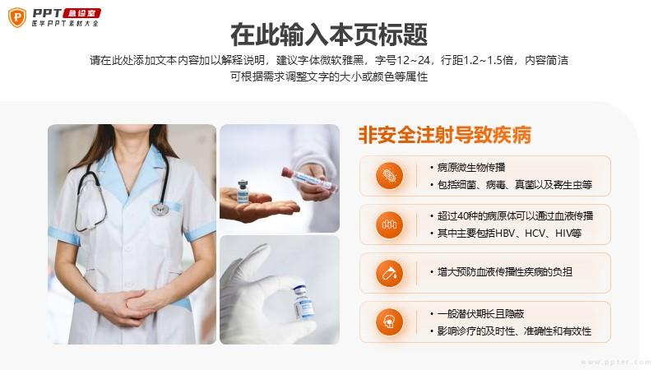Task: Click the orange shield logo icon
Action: click(x=17, y=17)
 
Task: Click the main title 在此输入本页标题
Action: click(x=329, y=35)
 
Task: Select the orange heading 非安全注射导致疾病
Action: click(x=445, y=135)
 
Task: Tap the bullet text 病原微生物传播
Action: click(x=471, y=168)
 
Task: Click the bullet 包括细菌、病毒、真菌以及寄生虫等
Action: click(x=515, y=184)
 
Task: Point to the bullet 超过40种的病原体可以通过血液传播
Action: click(x=515, y=216)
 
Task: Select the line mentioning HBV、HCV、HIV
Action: click(x=509, y=234)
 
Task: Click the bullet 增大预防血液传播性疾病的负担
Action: click(x=505, y=272)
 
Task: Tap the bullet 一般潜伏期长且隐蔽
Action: click(x=480, y=314)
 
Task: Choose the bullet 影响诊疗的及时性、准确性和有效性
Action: click(x=514, y=331)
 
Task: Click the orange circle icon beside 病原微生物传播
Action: click(x=389, y=176)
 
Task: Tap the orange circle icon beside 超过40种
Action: click(x=389, y=224)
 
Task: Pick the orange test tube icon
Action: click(x=389, y=273)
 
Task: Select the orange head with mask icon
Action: click(x=389, y=321)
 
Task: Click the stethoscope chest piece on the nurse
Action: click(x=160, y=209)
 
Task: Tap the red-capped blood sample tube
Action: click(x=309, y=179)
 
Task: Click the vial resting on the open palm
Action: click(x=243, y=192)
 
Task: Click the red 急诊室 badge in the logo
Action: click(x=81, y=13)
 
